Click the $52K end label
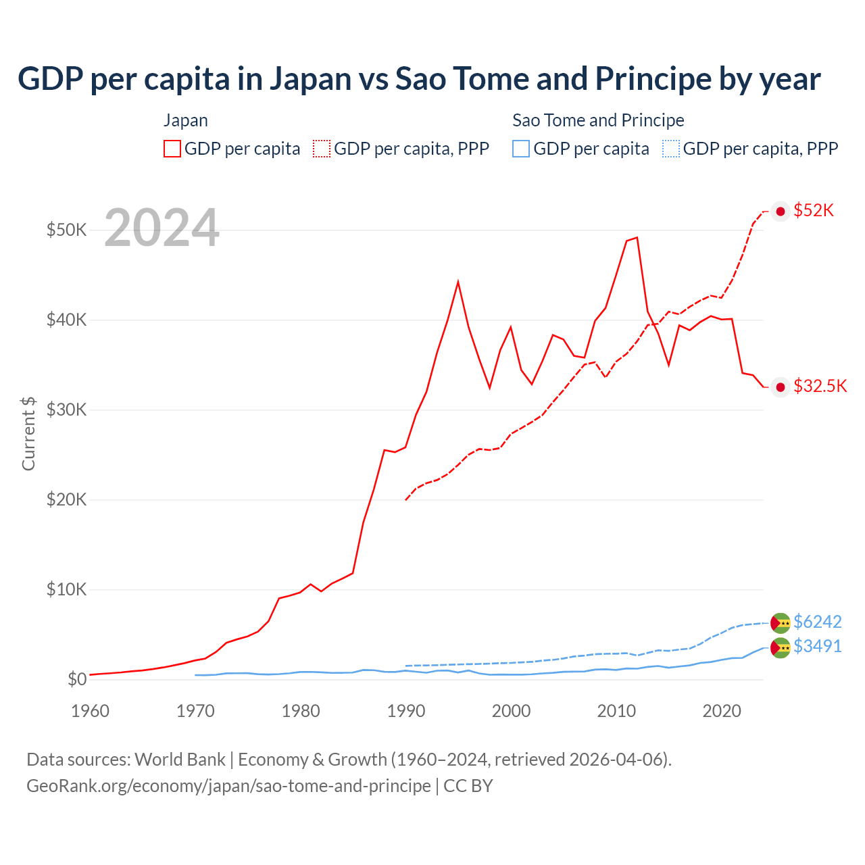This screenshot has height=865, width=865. pos(814,211)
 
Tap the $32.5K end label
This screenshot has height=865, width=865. pos(820,387)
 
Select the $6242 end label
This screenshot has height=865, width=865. pos(817,622)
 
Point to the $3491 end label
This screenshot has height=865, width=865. pos(817,647)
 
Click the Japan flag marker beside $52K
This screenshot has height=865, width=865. pos(781,212)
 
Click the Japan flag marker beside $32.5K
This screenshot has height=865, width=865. pos(781,387)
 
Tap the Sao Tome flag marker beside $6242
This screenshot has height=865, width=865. pos(781,622)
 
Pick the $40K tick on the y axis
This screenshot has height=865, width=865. pos(66,320)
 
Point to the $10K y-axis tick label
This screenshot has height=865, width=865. pos(66,589)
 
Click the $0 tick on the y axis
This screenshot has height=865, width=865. pos(77,679)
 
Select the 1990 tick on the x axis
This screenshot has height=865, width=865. pos(406,711)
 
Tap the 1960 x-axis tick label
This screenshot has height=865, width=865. pos(91,711)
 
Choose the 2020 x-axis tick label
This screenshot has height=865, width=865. pos(722,711)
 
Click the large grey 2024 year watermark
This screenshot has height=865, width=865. pos(162,228)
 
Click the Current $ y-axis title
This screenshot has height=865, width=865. pos(28,433)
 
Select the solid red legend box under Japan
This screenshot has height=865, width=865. pos(172,149)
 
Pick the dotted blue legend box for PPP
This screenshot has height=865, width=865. pos(671,149)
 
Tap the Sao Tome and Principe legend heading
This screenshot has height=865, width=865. pos(598,120)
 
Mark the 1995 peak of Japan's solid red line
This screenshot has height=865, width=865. pos(458,281)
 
